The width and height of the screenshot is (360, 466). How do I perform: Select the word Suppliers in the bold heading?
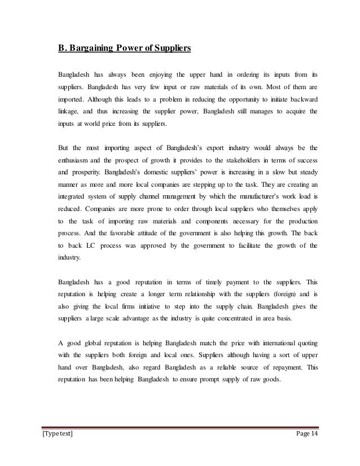pyautogui.click(x=171, y=47)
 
